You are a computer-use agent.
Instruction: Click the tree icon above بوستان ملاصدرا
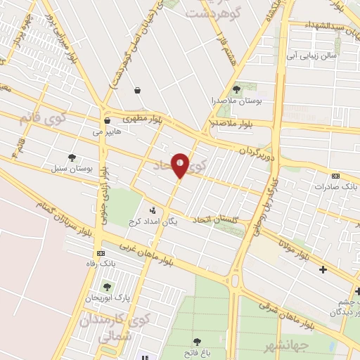[x=236, y=89]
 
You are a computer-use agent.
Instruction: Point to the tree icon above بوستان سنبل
[x=72, y=157]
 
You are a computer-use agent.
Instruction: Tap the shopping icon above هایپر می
[x=106, y=120]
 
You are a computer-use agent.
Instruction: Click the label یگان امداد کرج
[x=149, y=221]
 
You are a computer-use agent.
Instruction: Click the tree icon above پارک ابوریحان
[x=106, y=286]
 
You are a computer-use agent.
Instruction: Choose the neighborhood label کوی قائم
[x=35, y=117]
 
